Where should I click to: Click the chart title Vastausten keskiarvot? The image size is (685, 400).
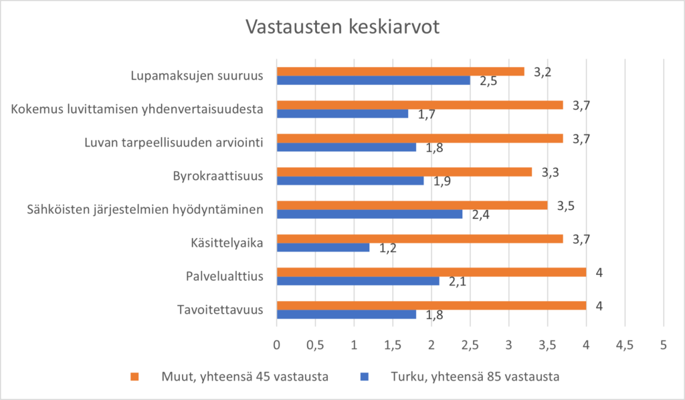pos(342,27)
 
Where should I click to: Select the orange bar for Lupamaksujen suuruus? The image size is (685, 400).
pos(400,72)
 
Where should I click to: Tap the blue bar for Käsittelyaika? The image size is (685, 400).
pos(323,247)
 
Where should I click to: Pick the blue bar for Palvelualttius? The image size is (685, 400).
pos(358,281)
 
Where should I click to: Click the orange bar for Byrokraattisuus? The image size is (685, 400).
pos(404,172)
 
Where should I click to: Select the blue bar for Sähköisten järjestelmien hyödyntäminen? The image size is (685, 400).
pos(369,214)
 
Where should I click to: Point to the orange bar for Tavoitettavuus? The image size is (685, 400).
pos(431,306)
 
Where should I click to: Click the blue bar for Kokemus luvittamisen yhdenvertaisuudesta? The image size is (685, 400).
pos(342,114)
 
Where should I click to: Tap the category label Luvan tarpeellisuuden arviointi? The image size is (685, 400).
pos(174,142)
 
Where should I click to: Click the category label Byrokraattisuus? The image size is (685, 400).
pos(217,176)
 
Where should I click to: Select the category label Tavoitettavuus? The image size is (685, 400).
pos(220,310)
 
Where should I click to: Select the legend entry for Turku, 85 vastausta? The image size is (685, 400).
pos(468,377)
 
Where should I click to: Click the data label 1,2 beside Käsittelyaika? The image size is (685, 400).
pos(388,248)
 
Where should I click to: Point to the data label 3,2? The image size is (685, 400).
pos(542,72)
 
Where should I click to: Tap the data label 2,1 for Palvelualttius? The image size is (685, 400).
pos(458,282)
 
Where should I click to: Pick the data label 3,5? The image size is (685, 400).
pos(565,205)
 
